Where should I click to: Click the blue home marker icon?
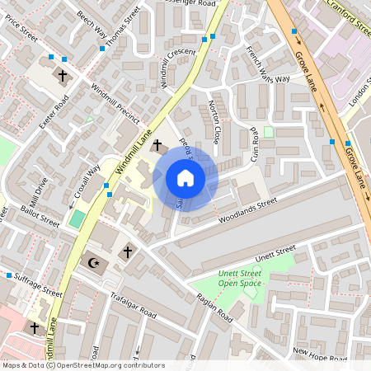(x=185, y=178)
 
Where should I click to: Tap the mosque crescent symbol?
(x=93, y=263)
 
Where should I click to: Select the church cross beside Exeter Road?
(x=63, y=76)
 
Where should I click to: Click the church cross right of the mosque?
(x=127, y=251)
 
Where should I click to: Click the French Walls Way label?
(x=268, y=64)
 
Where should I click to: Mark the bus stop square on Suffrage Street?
(x=9, y=275)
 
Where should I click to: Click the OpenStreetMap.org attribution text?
(x=108, y=364)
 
